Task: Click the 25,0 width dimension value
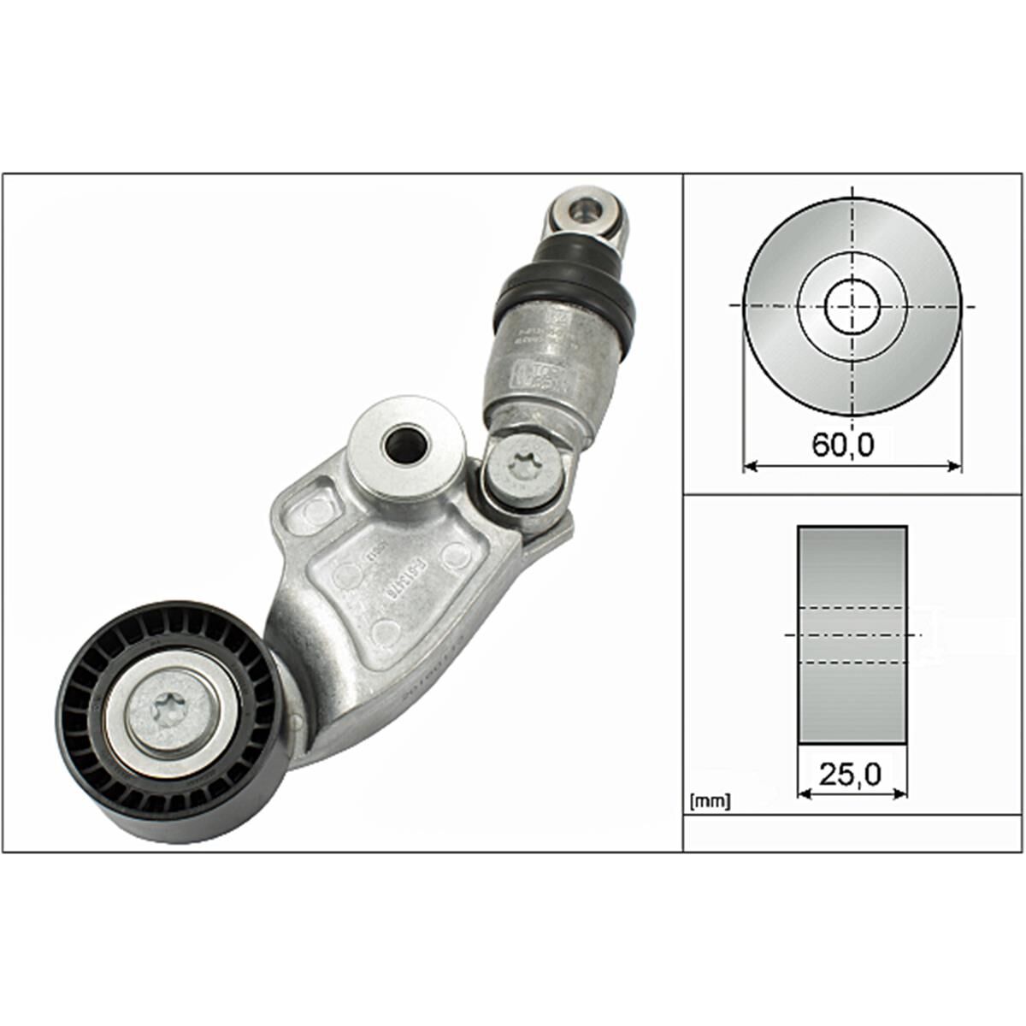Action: coord(850,774)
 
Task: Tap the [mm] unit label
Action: coord(709,802)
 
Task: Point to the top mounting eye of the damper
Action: coord(587,208)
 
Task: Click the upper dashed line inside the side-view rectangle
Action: coord(852,607)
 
